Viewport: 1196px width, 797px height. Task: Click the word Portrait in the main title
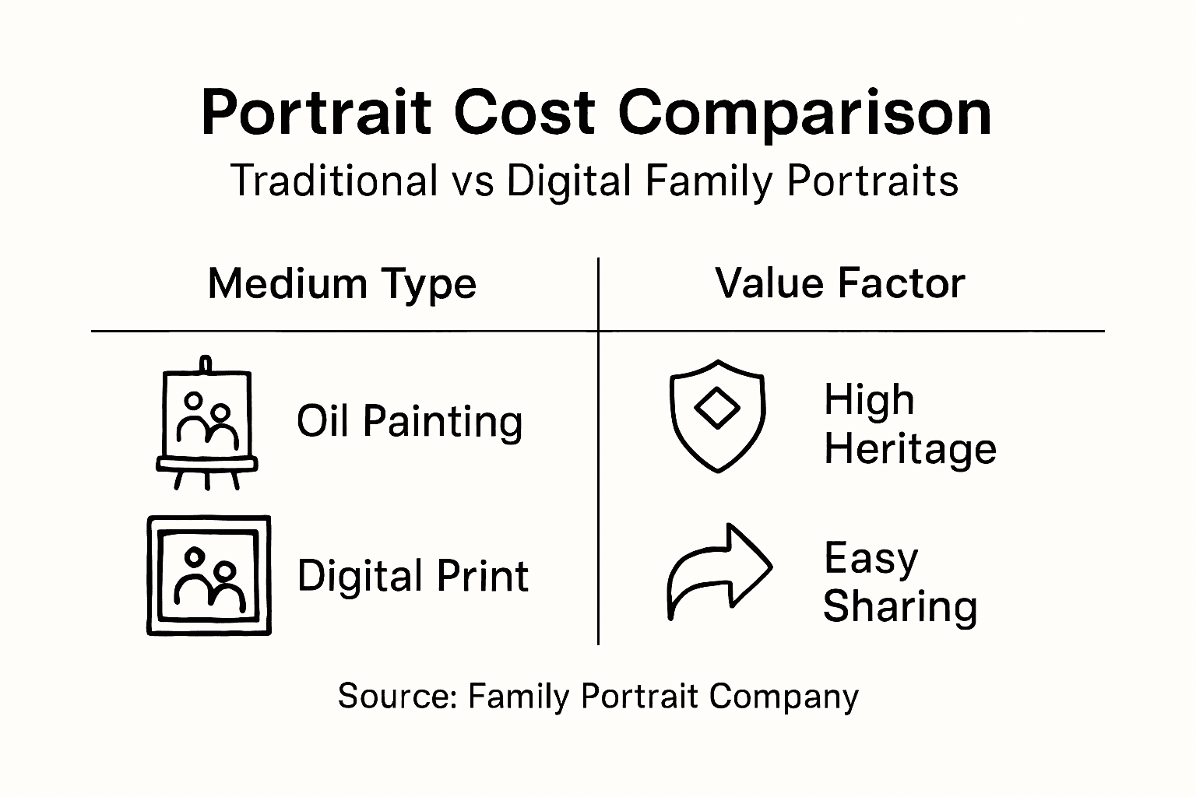pos(315,114)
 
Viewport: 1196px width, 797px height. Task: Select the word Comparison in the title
pos(806,114)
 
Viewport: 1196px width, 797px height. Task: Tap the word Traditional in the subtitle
pos(334,181)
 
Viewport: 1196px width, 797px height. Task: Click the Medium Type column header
pos(342,283)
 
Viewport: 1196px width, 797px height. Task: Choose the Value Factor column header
pos(840,283)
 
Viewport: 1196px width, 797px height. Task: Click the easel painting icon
pos(206,424)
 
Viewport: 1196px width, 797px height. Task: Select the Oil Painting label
pos(410,421)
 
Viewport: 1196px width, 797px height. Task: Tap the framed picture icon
pos(209,575)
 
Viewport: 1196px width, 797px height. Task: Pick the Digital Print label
pos(413,576)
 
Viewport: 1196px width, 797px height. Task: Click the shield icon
pos(717,416)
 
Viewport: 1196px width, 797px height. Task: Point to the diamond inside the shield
pos(717,409)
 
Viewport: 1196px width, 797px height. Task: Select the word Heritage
pos(910,449)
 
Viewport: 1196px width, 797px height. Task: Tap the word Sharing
pos(900,606)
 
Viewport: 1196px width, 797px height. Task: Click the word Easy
pos(871,558)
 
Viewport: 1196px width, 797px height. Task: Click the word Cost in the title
pos(524,114)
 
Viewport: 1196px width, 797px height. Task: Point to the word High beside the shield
pos(869,400)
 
